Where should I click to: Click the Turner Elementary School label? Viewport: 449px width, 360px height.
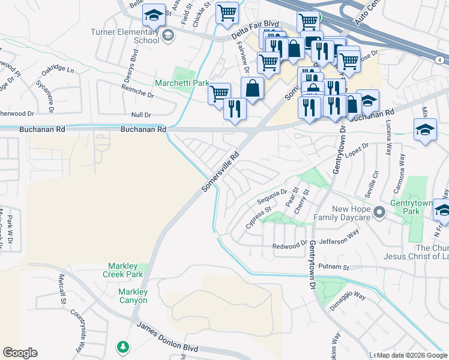click(x=125, y=36)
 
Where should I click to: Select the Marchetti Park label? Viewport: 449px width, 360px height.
click(x=181, y=83)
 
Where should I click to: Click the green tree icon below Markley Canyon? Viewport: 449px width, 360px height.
click(x=123, y=347)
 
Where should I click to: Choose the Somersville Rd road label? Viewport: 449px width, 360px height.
click(x=220, y=171)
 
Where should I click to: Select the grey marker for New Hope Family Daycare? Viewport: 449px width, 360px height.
click(x=379, y=212)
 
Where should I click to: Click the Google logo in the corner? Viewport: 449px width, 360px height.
click(x=20, y=353)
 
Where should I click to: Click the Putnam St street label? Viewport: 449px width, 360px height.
click(x=334, y=266)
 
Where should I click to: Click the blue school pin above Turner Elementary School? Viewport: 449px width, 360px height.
click(x=154, y=16)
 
